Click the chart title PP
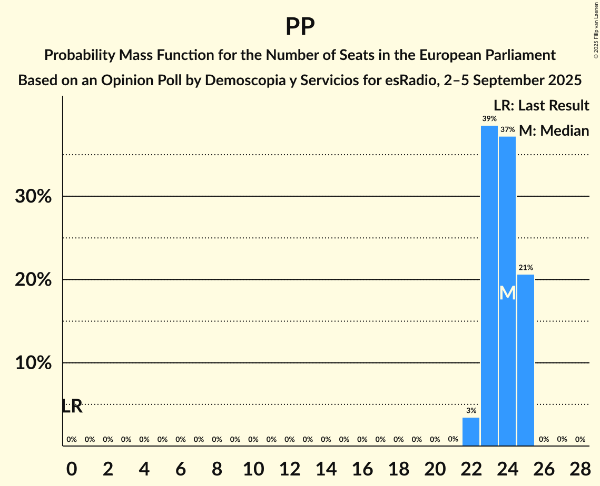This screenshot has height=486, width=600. [300, 27]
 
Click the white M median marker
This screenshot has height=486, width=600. [507, 293]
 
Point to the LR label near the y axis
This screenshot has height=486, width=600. [72, 406]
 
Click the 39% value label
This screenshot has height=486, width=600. [489, 119]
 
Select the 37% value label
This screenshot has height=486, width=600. [507, 129]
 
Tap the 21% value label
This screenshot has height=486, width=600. [526, 268]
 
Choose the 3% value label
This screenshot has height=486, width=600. [471, 410]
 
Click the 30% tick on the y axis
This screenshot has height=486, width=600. [33, 197]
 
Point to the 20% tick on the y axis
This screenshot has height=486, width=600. [33, 280]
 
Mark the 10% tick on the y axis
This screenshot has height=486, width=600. [33, 363]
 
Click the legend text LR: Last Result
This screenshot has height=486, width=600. [541, 106]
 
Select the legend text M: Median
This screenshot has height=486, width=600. [554, 130]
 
